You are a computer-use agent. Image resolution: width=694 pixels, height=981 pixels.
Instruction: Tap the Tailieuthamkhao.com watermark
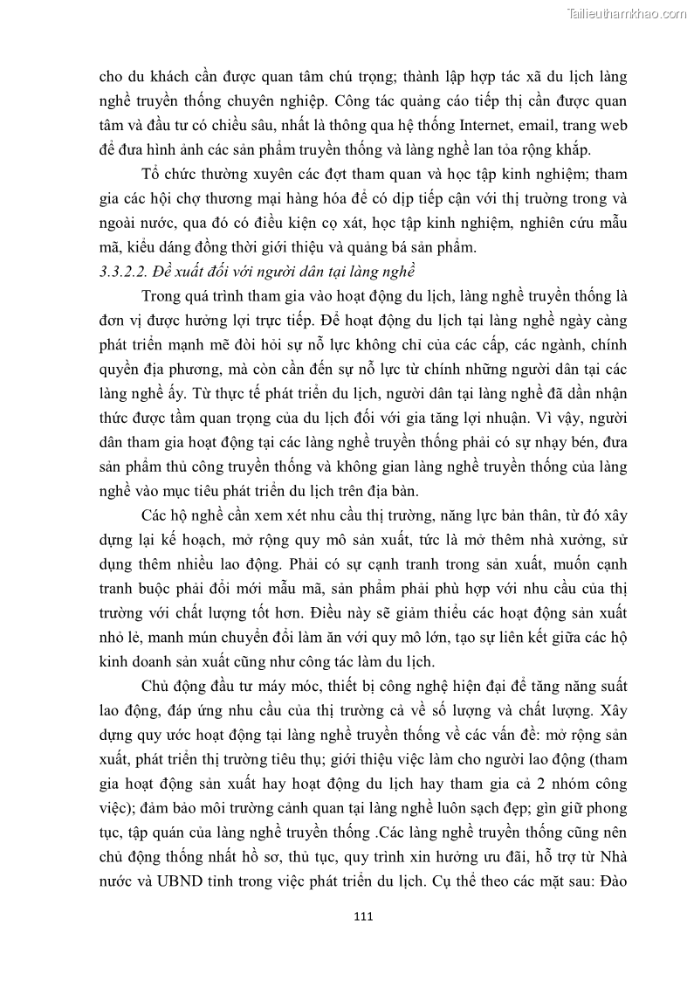[627, 13]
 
